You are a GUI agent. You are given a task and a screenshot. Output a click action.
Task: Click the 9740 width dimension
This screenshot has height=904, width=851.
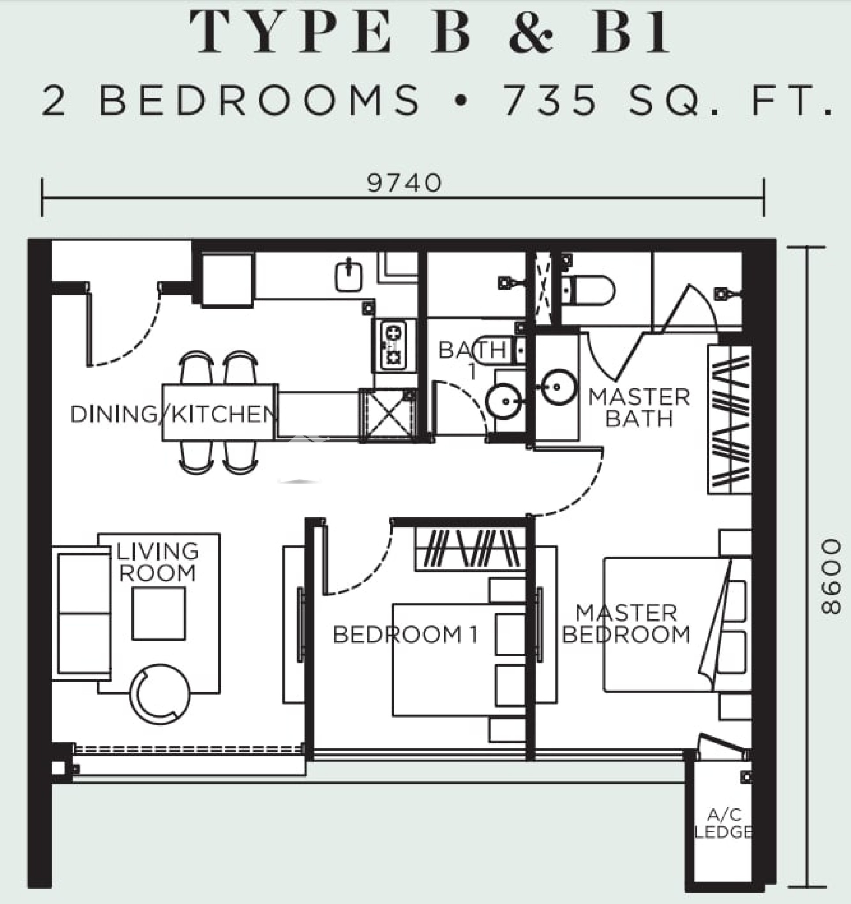click(404, 183)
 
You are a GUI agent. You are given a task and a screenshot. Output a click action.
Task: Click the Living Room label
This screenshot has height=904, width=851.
click(157, 562)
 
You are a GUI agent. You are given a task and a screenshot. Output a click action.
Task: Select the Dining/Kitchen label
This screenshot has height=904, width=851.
click(173, 414)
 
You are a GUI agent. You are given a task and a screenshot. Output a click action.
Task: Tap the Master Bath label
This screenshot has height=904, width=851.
click(639, 408)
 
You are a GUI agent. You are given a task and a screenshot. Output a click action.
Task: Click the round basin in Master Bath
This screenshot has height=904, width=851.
click(558, 387)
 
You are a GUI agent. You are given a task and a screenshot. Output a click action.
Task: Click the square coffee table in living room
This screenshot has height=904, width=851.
click(159, 614)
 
